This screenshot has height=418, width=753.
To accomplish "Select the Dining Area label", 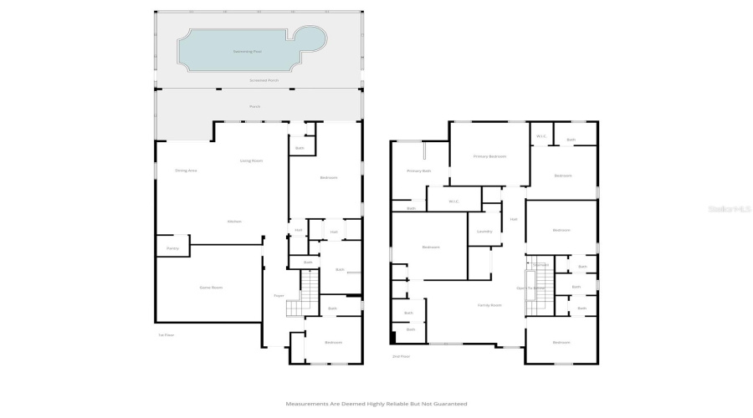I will point(186,171).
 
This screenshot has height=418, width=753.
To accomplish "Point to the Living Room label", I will point(252,161).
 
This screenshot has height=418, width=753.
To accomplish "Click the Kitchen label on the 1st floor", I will point(234,222).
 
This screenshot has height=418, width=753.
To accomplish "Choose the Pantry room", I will point(172,248).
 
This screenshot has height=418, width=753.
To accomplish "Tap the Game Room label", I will point(211,288).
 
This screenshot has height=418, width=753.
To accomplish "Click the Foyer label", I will point(279,296).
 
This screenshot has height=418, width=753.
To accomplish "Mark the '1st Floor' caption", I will point(166,335).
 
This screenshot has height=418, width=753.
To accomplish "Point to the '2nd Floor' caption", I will point(402,356).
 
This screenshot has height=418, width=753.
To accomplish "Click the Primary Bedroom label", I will point(489,156).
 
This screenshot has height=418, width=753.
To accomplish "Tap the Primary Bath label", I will point(418,171).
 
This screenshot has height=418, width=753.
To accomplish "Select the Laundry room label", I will point(484,232).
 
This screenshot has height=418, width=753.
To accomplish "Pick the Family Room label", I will point(489,305).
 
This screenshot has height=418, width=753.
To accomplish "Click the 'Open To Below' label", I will point(530,288).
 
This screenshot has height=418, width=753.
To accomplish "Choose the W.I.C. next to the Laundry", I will point(453,201).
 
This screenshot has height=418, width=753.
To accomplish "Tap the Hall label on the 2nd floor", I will point(514,219).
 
